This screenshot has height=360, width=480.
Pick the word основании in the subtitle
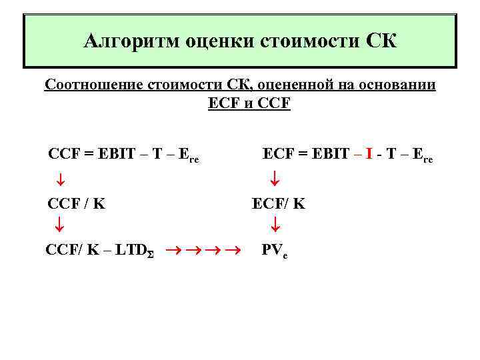[398, 86]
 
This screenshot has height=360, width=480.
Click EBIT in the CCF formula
[117, 154]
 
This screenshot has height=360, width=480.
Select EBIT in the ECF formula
[331, 154]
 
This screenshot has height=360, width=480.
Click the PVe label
[274, 251]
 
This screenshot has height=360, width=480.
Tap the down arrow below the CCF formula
[59, 179]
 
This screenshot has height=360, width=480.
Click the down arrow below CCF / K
[59, 225]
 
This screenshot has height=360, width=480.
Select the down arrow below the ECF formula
[275, 179]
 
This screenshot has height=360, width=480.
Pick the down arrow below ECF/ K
[275, 226]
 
